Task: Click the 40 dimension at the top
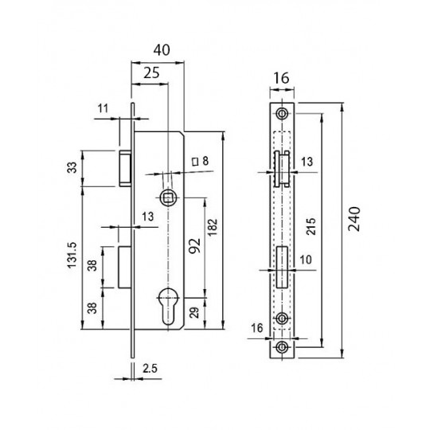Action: point(162,50)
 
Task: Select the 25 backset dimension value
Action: point(151,73)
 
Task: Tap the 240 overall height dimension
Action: point(354,219)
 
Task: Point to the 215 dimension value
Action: point(311,226)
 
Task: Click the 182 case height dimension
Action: point(213,227)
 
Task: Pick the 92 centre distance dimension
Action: point(195,246)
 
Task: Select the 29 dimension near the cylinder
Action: point(194,312)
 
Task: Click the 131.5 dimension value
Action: point(72,256)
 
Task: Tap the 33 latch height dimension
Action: point(72,168)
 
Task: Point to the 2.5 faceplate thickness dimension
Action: point(150,369)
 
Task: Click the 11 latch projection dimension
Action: point(103,108)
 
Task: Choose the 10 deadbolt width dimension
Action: point(306,260)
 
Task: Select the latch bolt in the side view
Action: point(125,168)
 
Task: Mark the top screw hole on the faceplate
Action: point(282,113)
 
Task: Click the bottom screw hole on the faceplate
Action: point(282,347)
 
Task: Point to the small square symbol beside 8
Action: point(195,162)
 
